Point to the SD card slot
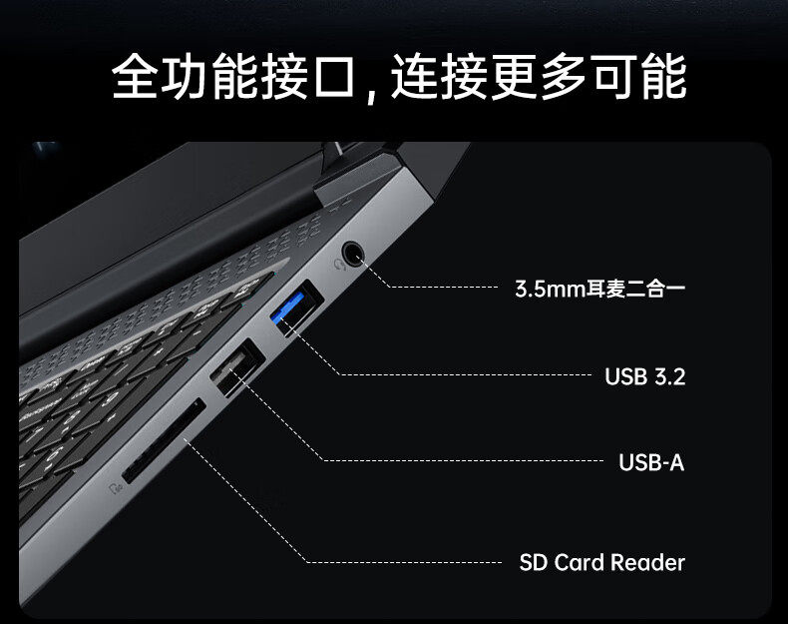pyautogui.click(x=164, y=443)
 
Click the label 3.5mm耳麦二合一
pyautogui.click(x=599, y=290)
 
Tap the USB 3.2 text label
pyautogui.click(x=644, y=376)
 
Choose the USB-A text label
pyautogui.click(x=651, y=462)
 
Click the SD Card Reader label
pyautogui.click(x=601, y=562)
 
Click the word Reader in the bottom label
pyautogui.click(x=647, y=562)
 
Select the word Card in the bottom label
pyautogui.click(x=579, y=562)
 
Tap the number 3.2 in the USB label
pyautogui.click(x=669, y=376)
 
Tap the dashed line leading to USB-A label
pyautogui.click(x=459, y=461)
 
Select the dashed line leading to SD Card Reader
pyautogui.click(x=399, y=562)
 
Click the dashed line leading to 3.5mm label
pyautogui.click(x=439, y=288)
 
